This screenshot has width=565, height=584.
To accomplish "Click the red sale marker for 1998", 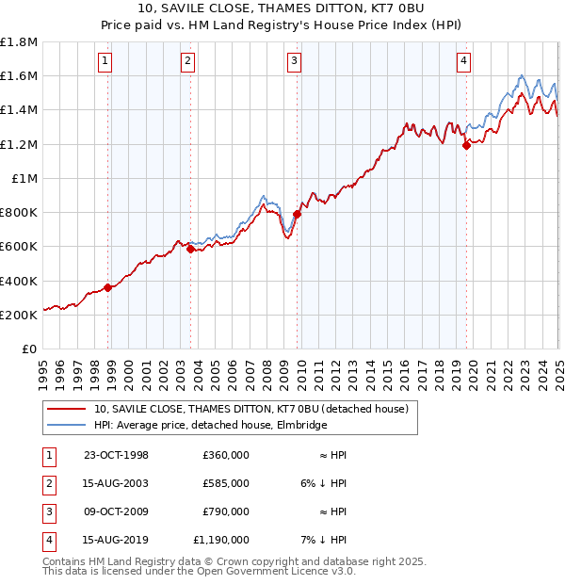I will (x=108, y=287).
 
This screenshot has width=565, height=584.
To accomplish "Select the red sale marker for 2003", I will (x=190, y=250).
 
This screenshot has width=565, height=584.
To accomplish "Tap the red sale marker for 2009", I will (x=297, y=214).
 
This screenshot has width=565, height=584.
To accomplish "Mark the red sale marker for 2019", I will (x=466, y=145).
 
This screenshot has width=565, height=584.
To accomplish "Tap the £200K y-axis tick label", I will (x=19, y=315).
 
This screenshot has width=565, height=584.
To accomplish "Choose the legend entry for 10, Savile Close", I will (x=250, y=409).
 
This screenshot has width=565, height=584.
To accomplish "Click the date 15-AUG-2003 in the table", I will (x=117, y=483).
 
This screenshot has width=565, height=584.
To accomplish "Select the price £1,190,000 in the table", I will (x=222, y=540).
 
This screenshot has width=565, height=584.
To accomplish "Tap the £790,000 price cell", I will (x=226, y=511).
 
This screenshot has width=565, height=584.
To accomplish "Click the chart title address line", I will (x=282, y=8).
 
